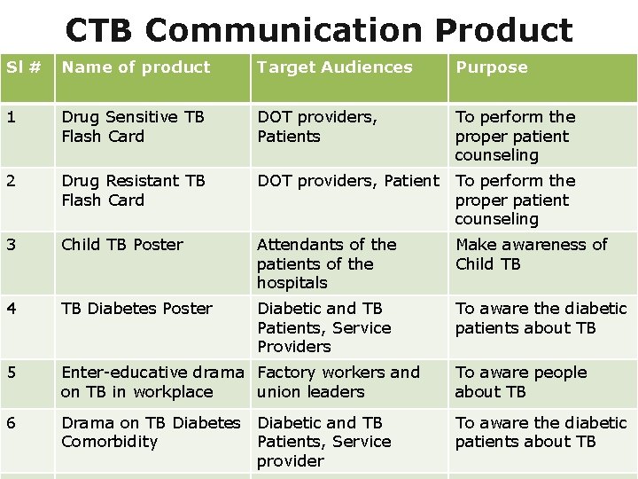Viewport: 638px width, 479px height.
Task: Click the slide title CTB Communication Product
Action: click(319, 29)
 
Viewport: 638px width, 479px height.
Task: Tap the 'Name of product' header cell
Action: click(136, 67)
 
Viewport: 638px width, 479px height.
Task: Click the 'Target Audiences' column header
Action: click(334, 67)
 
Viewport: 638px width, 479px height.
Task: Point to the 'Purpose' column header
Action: click(491, 67)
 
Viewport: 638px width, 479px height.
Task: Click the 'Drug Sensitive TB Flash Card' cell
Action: click(133, 127)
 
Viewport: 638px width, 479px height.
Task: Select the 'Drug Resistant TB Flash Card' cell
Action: click(133, 190)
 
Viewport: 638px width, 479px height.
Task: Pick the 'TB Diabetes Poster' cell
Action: click(136, 309)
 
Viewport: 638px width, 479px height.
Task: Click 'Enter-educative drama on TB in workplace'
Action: click(152, 382)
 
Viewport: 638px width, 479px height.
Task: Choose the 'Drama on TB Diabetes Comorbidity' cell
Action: click(151, 432)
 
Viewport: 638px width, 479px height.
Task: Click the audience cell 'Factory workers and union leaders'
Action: click(338, 382)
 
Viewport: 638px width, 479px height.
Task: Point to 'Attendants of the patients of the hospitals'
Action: click(326, 263)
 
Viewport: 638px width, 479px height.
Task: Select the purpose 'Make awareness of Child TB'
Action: click(531, 254)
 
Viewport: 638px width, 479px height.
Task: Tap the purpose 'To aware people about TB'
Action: click(520, 382)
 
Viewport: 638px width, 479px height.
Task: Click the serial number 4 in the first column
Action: click(12, 309)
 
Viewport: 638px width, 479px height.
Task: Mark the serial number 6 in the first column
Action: click(12, 423)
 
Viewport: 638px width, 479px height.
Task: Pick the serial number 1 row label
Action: click(11, 117)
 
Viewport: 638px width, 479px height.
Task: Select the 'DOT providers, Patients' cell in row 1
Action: click(316, 127)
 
